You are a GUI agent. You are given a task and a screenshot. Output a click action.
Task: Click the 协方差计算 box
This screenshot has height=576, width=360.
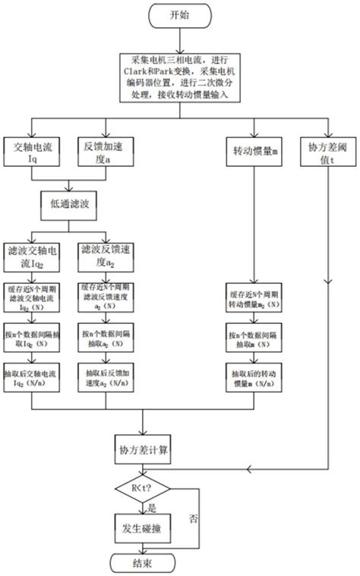[144, 449]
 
